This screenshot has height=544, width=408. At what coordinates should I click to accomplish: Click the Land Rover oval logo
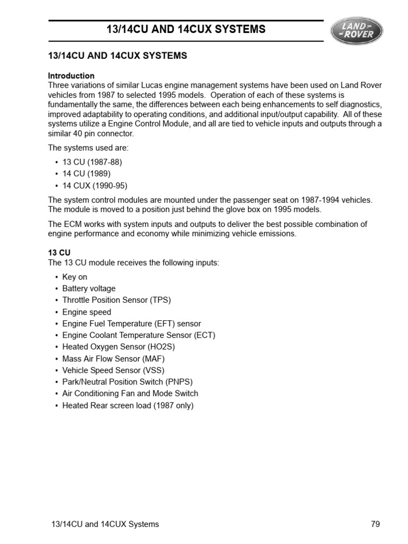tap(356, 31)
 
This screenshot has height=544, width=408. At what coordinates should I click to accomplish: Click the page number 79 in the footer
tap(375, 524)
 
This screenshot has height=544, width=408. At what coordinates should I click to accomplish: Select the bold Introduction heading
tap(71, 75)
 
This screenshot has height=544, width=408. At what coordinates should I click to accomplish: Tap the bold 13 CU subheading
tap(59, 253)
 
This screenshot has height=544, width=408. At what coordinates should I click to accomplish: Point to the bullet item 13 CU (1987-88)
tap(92, 162)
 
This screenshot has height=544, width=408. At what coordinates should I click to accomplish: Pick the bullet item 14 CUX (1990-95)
tap(95, 185)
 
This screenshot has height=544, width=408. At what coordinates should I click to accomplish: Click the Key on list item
tap(74, 277)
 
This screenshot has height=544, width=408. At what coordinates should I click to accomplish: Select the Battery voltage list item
tap(89, 288)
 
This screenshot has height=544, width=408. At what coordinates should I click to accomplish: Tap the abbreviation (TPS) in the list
tap(160, 300)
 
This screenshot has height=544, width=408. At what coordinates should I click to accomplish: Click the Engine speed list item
tap(87, 312)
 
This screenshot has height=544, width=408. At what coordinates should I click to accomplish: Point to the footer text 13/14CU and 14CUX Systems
tap(104, 524)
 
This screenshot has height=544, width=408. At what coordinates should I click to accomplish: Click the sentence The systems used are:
tap(88, 148)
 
